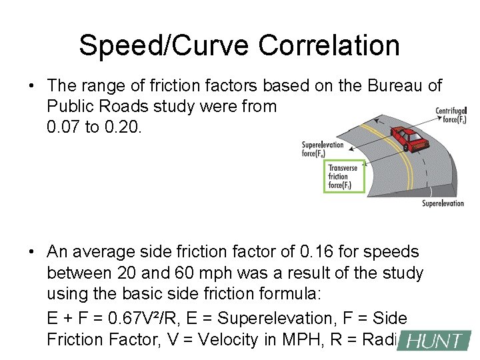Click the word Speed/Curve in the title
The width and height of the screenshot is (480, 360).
[x=165, y=46]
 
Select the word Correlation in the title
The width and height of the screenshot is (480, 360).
[x=329, y=46]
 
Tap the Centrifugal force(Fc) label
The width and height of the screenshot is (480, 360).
[x=451, y=115]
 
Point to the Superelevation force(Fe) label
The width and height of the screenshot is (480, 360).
[x=323, y=149]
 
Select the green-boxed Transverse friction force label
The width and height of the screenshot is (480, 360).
[x=343, y=177]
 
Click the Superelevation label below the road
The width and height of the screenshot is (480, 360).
[x=443, y=203]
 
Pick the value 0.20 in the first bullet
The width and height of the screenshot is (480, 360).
[x=121, y=127]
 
